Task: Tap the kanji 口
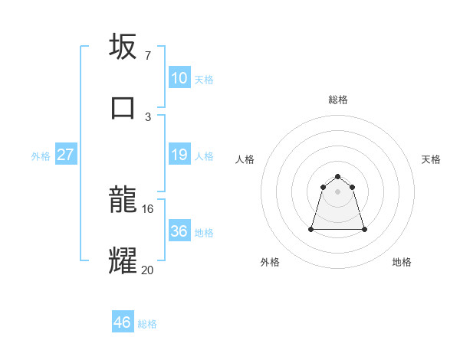pos(123,106)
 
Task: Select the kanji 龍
pos(123,200)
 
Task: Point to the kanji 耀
pos(123,260)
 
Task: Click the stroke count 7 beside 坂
pos(147,56)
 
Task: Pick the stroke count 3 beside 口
pos(147,116)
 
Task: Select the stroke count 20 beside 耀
pos(148,270)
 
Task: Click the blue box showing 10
pos(179,78)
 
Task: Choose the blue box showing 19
pos(179,155)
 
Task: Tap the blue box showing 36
pos(179,231)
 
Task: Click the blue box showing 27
pos(66,155)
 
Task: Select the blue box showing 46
pos(123,322)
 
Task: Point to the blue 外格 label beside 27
pos(41,156)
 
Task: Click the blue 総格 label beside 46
pos(147,324)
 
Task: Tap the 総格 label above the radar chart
pos(338,100)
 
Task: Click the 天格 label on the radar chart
pos(432,159)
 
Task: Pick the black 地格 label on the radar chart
pos(402,263)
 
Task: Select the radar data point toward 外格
pos(312,229)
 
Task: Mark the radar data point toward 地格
pos(364,229)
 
